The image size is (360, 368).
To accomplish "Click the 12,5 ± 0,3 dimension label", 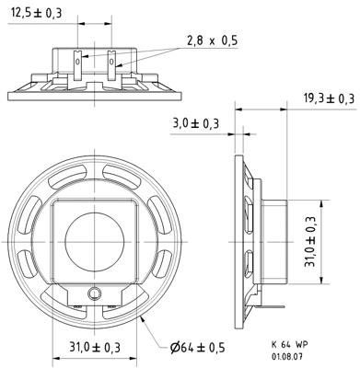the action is [x=37, y=13].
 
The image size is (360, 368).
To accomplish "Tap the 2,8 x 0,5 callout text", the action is [x=213, y=40].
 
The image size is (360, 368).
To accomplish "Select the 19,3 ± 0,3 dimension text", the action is [x=330, y=98].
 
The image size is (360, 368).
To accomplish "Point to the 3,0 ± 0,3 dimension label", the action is [x=196, y=123].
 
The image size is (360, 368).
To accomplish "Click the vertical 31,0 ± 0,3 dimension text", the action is [x=310, y=241].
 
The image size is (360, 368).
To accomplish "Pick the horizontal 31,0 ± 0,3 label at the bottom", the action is [x=95, y=348].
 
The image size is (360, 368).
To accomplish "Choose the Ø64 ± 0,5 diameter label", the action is [x=198, y=348].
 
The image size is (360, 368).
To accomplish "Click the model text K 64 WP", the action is [x=289, y=344].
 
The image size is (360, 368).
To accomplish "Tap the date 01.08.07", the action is [x=287, y=357].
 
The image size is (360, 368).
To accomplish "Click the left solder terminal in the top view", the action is [x=78, y=65].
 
